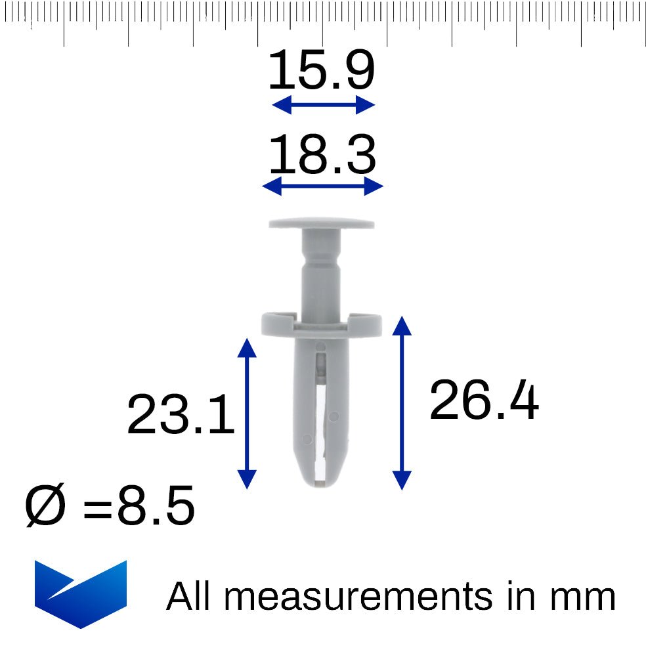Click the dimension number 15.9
321,70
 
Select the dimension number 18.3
322,154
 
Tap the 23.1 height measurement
181,414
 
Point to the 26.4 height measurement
484,400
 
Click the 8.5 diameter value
156,505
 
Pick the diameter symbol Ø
45,505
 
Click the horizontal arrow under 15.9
324,104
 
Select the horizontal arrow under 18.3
322,186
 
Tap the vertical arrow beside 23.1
247,414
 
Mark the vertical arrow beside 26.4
402,403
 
